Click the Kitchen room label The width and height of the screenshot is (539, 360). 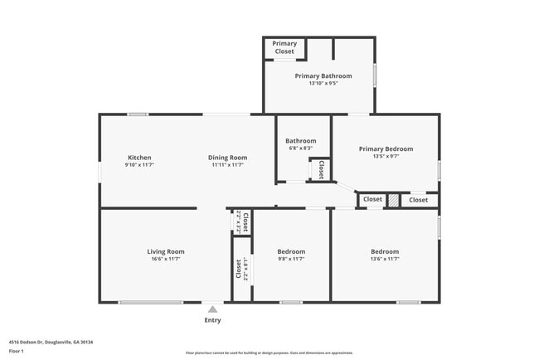[x=139, y=158]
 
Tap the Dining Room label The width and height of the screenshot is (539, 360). [x=229, y=158]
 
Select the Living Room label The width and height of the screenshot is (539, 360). [x=166, y=251]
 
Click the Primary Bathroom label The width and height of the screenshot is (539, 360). [x=323, y=75]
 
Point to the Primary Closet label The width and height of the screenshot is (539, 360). [x=284, y=47]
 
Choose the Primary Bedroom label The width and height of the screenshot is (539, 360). [x=386, y=149]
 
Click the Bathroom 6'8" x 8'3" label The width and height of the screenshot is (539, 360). [x=301, y=141]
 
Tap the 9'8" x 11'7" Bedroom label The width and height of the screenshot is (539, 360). [x=291, y=251]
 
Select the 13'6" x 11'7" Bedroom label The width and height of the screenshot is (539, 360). [x=385, y=251]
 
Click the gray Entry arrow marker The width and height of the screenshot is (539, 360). [x=213, y=309]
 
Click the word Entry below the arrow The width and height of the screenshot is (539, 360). [x=213, y=320]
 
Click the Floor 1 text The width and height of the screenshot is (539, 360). [x=17, y=351]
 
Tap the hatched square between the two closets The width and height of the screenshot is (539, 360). [x=394, y=200]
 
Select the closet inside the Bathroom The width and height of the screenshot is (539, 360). [x=320, y=169]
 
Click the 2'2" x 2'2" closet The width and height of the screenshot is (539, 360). [x=242, y=221]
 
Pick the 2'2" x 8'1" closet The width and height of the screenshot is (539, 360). [x=240, y=270]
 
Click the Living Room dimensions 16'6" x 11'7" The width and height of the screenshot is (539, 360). [x=166, y=259]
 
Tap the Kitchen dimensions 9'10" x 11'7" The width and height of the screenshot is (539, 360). [x=139, y=165]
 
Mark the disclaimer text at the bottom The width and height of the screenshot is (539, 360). [x=269, y=353]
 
